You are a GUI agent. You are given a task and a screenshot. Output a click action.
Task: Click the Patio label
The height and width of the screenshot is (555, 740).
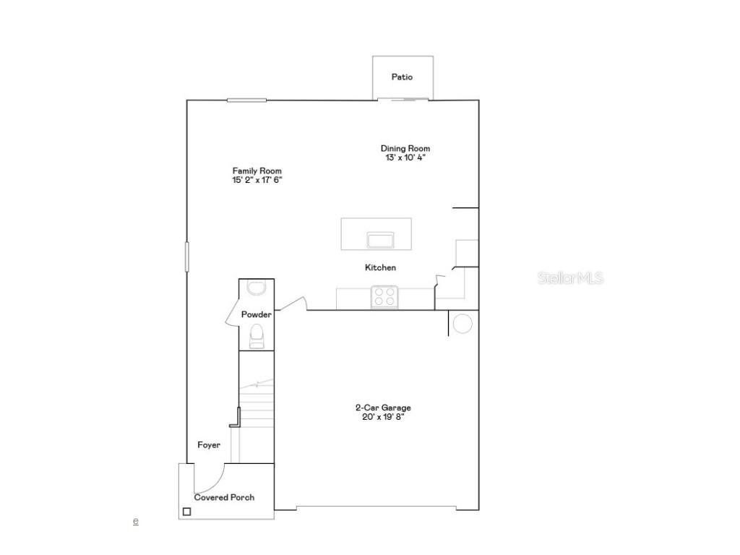coord(403,77)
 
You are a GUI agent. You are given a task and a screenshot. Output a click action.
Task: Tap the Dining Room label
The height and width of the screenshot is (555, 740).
coord(405,149)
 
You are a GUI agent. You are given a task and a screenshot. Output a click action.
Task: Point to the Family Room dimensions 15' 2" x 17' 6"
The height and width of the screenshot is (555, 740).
coord(252,180)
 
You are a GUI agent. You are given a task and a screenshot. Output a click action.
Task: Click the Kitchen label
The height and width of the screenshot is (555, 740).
coord(380,267)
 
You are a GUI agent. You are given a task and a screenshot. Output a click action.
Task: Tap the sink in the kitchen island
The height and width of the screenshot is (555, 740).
coord(380,239)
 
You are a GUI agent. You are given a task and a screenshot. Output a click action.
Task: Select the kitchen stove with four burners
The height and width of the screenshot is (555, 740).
coord(384,296)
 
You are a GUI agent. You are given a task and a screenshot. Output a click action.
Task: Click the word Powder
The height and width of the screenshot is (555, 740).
coord(256,314)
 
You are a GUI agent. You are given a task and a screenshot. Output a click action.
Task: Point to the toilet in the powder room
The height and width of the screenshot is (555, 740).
coord(256,335)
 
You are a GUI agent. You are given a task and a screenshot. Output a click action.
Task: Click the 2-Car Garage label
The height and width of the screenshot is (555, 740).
coord(383,408)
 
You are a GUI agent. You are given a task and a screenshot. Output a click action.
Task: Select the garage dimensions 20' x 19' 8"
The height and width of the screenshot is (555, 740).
coord(383,417)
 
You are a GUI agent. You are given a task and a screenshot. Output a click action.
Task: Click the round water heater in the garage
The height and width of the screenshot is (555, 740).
coord(462,324)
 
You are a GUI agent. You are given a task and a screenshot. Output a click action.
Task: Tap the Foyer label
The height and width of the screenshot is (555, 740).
coord(209,445)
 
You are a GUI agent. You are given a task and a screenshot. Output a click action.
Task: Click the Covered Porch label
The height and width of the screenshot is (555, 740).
coord(224,497)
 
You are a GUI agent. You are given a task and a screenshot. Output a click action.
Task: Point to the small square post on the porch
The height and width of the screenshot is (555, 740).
coord(186,512)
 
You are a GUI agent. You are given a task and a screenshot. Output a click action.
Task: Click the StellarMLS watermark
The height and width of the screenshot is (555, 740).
coord(570,277)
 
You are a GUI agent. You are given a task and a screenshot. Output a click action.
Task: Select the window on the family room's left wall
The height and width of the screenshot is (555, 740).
coord(186,257)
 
